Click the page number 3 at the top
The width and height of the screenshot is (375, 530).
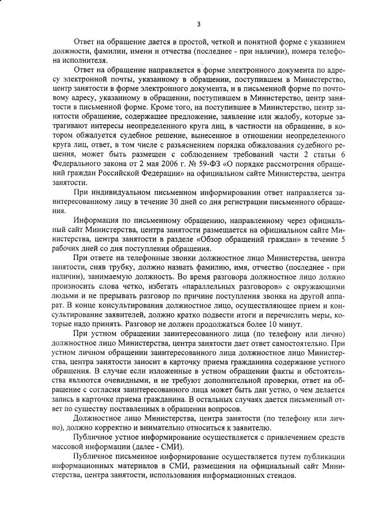(x=198, y=23)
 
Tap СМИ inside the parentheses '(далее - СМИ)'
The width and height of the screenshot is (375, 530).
(x=155, y=446)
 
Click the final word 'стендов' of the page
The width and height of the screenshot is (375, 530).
(x=280, y=474)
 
